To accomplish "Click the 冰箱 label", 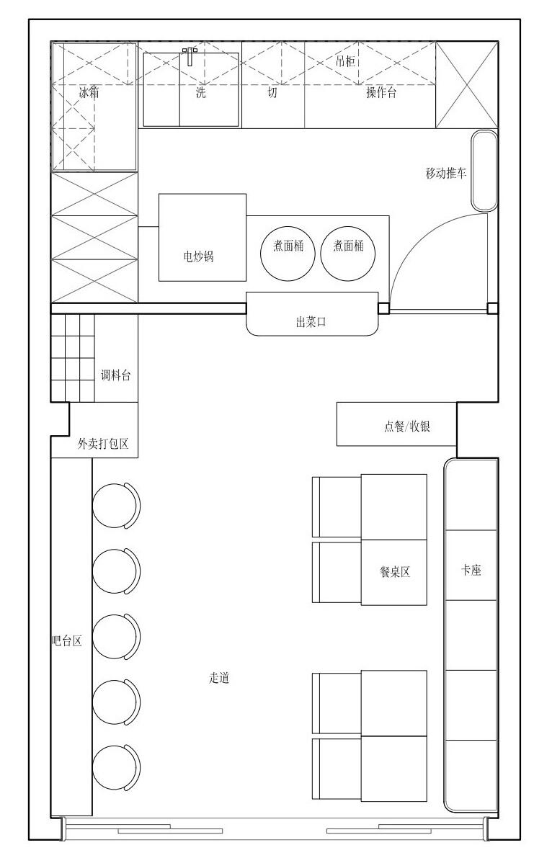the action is pyautogui.click(x=89, y=92).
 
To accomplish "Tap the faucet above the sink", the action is pyautogui.click(x=190, y=55).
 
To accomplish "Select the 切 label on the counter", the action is pyautogui.click(x=272, y=92).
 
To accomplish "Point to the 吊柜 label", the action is pyautogui.click(x=345, y=61).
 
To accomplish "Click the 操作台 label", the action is pyautogui.click(x=381, y=92).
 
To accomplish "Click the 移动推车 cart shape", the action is pyautogui.click(x=484, y=171).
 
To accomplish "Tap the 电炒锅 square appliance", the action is pyautogui.click(x=203, y=238).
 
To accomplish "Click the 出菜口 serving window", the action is pyautogui.click(x=313, y=313).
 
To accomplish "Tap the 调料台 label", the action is pyautogui.click(x=115, y=375).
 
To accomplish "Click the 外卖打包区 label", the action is pyautogui.click(x=103, y=444).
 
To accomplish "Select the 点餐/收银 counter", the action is pyautogui.click(x=396, y=424).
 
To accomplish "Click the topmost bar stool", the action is pyautogui.click(x=117, y=506).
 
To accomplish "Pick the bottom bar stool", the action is pyautogui.click(x=117, y=767).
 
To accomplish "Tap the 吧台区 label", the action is pyautogui.click(x=67, y=640).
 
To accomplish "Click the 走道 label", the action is pyautogui.click(x=219, y=678).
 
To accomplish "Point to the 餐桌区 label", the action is pyautogui.click(x=395, y=573).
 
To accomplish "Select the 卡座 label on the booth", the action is pyautogui.click(x=471, y=570).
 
